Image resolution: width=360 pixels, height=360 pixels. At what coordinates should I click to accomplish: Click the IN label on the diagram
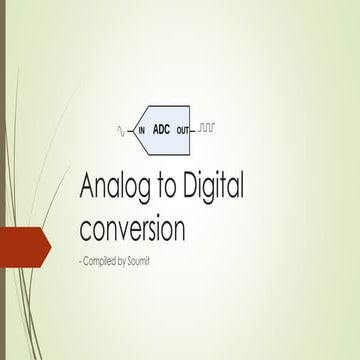(x=141, y=131)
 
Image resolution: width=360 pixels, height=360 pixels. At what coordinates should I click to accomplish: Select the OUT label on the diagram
(x=181, y=131)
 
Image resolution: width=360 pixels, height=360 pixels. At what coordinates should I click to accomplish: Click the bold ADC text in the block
(x=161, y=129)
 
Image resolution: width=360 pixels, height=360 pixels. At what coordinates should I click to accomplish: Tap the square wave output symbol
(x=207, y=129)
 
